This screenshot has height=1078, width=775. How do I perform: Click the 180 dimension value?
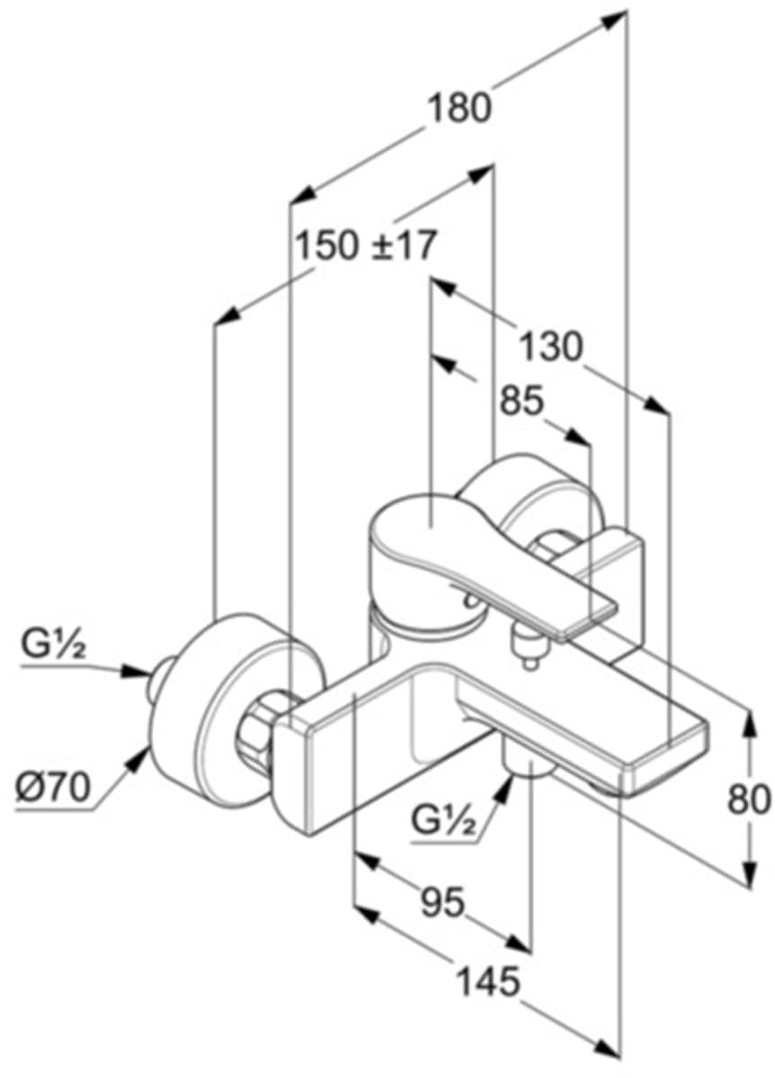[x=459, y=110]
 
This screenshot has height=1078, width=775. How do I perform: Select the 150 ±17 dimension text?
[x=366, y=245]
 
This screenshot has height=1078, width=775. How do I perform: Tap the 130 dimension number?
[x=550, y=346]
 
